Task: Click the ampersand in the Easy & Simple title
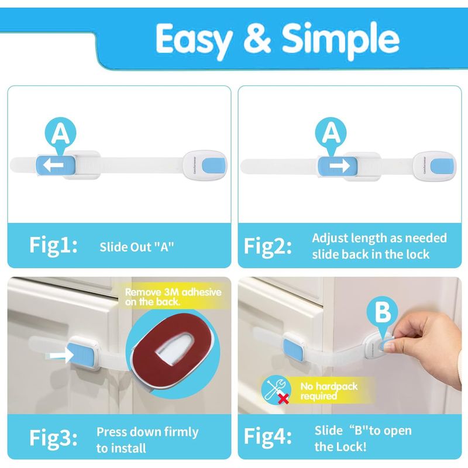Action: [257, 39]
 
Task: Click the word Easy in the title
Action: [194, 41]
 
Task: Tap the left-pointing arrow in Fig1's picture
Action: [53, 164]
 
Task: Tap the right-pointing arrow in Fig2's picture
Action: [340, 165]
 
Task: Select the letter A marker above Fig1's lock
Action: [61, 133]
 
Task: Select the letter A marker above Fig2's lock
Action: [331, 133]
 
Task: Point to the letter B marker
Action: [383, 312]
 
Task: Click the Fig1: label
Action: [53, 245]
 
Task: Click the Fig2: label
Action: [268, 246]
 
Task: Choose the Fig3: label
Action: [53, 438]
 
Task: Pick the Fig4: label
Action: [268, 436]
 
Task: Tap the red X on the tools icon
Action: [283, 398]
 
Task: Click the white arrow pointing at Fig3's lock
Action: [62, 356]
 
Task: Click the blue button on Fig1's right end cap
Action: [214, 166]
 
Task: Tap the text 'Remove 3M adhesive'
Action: [173, 292]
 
